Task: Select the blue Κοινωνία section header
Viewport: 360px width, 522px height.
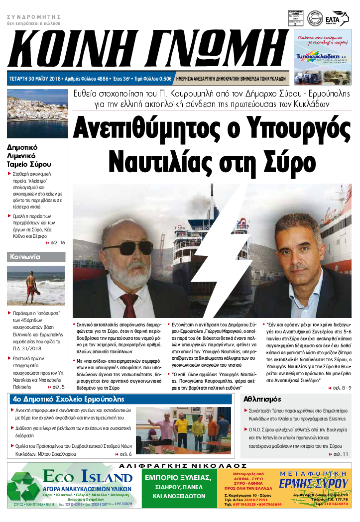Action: click(36, 257)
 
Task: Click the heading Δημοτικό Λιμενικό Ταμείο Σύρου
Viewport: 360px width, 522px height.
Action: click(29, 156)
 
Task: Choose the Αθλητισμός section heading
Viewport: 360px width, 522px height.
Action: click(263, 399)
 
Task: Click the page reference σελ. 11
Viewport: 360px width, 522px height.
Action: click(342, 454)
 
